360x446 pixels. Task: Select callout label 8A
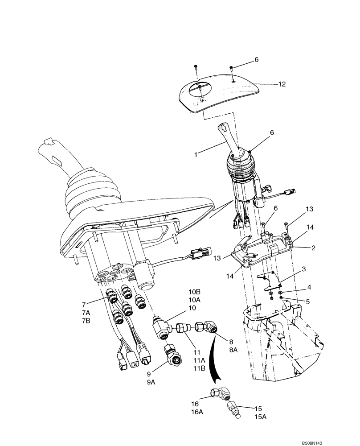[x=233, y=351]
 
